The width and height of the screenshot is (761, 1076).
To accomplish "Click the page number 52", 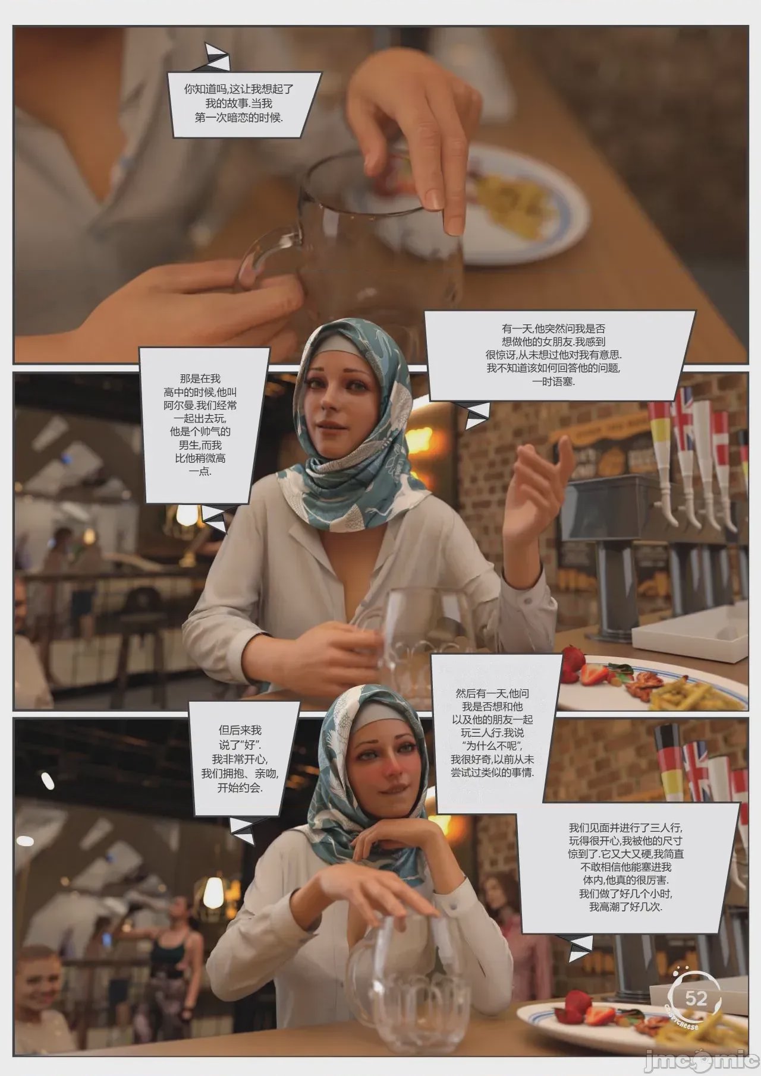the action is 696,998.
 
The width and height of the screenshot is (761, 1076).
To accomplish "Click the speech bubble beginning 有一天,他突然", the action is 561,355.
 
